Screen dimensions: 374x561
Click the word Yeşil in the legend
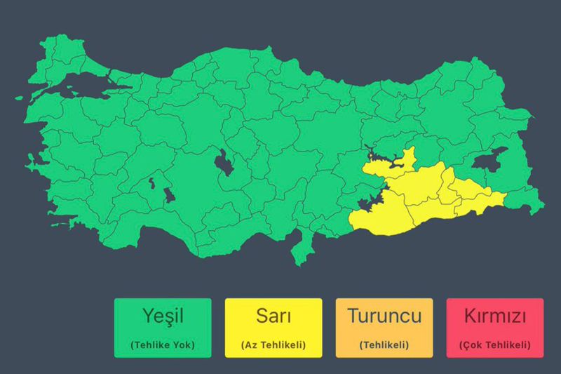[163, 316]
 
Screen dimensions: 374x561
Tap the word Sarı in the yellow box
[273, 316]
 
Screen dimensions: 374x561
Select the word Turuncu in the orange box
[384, 316]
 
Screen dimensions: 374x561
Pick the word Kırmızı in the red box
[494, 316]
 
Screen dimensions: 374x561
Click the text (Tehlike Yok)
[163, 345]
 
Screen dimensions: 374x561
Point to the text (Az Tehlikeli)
[273, 345]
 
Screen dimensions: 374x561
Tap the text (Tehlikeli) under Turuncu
[384, 345]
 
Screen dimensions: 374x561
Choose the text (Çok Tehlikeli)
[494, 345]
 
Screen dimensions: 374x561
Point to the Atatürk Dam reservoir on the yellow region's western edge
[367, 203]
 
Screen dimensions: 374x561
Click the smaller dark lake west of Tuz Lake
[168, 194]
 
